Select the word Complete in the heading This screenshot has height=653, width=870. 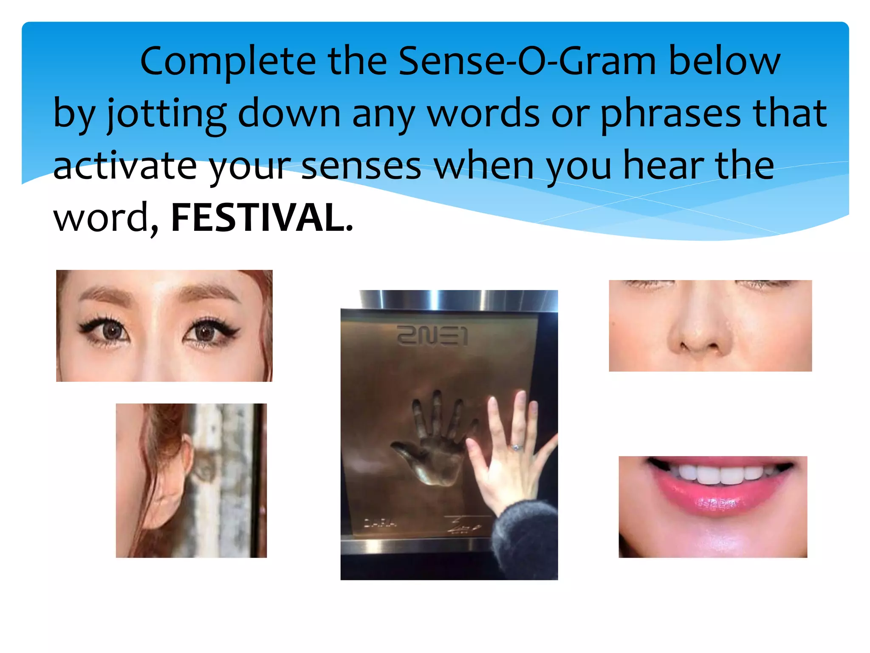pyautogui.click(x=228, y=62)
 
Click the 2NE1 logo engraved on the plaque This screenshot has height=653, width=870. pyautogui.click(x=432, y=336)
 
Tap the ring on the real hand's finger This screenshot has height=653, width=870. pyautogui.click(x=516, y=448)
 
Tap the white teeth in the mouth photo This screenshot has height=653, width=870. pyautogui.click(x=718, y=474)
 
